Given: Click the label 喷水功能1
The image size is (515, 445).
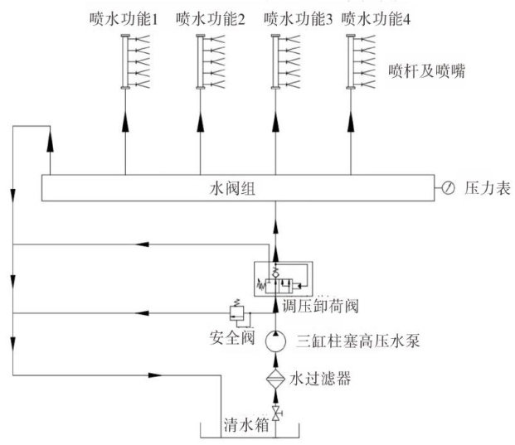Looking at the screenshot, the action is (x=124, y=19).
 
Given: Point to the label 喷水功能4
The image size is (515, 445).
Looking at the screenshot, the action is (x=378, y=19).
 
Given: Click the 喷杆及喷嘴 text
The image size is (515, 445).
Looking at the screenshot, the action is (x=425, y=72).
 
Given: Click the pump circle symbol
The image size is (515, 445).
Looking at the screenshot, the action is (x=275, y=340).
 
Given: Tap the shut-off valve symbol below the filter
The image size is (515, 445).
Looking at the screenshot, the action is (x=275, y=410).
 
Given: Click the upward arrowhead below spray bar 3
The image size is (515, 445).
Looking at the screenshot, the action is (x=275, y=120).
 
